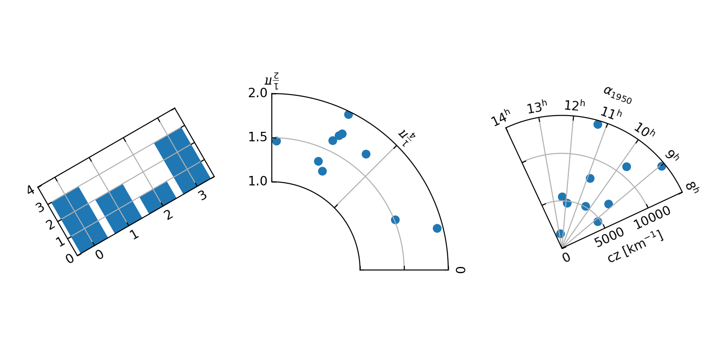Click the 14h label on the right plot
[500, 117]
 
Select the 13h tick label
[537, 107]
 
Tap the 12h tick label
[575, 105]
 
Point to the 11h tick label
[611, 112]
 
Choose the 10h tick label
[644, 130]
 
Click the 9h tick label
[672, 155]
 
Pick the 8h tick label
[692, 187]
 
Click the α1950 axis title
[617, 95]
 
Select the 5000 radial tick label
[609, 237]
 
